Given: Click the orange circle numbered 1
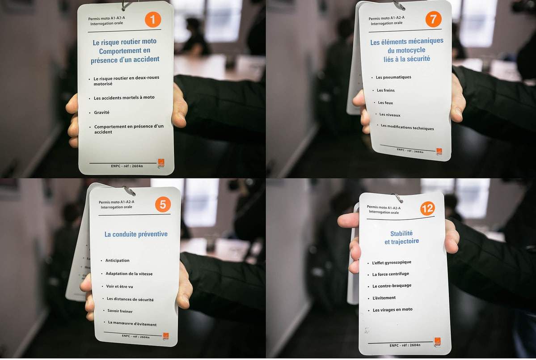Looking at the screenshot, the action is [153, 20].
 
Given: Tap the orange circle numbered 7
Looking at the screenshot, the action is [433, 19].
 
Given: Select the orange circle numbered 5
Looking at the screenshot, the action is [163, 204].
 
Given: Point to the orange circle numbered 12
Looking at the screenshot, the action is [427, 208].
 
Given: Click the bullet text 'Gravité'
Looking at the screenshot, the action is [101, 113].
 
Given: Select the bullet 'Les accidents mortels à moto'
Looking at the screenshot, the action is [124, 98].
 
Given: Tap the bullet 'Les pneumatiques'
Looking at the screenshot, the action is [393, 77].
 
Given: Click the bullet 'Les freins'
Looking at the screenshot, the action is [386, 90].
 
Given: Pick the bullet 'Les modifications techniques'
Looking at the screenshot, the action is [407, 127].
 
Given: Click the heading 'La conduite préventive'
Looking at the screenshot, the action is [136, 234].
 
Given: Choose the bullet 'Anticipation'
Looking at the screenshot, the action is [117, 261].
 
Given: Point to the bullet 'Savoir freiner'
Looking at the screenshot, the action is [120, 311].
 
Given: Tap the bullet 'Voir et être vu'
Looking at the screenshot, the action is [119, 287].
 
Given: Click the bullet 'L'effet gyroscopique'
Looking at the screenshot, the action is [392, 263].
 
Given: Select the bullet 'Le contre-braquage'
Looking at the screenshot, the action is [392, 286].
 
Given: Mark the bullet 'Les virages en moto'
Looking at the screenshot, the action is [393, 310].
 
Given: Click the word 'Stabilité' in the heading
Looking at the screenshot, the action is [401, 233].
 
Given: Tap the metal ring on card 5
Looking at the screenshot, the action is [129, 190].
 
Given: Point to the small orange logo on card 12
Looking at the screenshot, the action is [437, 342].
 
